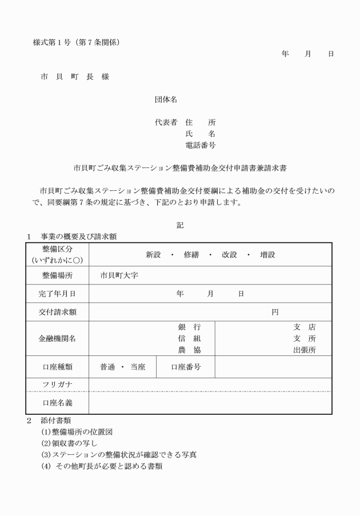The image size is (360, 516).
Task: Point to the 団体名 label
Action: pyautogui.click(x=166, y=99)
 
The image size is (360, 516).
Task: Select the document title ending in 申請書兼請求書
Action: pyautogui.click(x=180, y=169)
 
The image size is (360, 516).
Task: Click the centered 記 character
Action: pyautogui.click(x=180, y=225)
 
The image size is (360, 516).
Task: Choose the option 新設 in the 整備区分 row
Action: pyautogui.click(x=153, y=255)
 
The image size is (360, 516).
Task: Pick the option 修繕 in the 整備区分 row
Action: pyautogui.click(x=191, y=255)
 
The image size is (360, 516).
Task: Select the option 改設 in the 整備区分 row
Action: pyautogui.click(x=229, y=255)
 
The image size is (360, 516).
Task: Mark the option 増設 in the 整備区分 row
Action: pyautogui.click(x=267, y=255)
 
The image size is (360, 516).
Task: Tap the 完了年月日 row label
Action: pyautogui.click(x=57, y=294)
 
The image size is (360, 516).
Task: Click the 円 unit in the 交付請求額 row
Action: pyautogui.click(x=275, y=312)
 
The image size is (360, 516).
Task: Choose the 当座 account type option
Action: pyautogui.click(x=137, y=367)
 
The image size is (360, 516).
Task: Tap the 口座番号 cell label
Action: pyautogui.click(x=186, y=367)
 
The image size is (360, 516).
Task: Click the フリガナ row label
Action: pyautogui.click(x=57, y=384)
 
